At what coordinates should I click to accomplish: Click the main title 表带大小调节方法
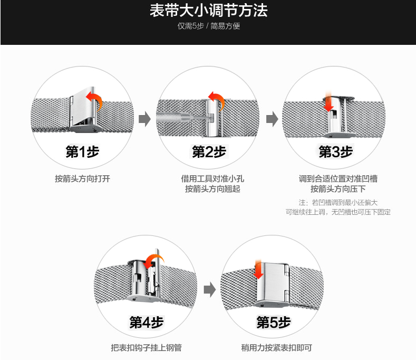(208, 11)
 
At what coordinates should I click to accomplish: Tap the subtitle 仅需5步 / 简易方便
(208, 26)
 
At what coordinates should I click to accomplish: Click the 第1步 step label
(82, 152)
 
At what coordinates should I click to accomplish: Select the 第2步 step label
(209, 152)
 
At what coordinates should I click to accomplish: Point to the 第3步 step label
(335, 152)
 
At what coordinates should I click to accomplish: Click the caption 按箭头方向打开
(82, 178)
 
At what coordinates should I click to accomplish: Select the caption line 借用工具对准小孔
(209, 178)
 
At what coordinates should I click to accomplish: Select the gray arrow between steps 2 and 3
(272, 119)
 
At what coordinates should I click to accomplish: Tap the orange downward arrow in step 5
(258, 270)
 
